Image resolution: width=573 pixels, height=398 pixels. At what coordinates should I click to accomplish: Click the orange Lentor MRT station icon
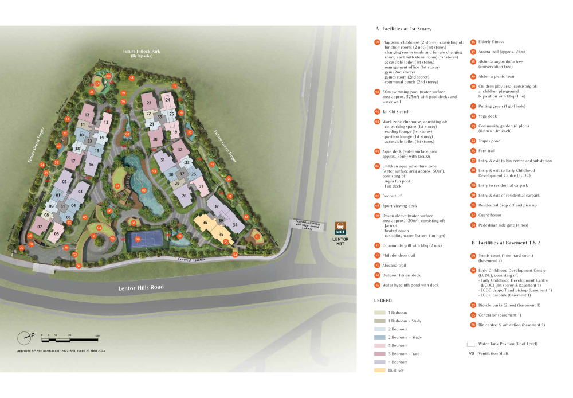point(340,227)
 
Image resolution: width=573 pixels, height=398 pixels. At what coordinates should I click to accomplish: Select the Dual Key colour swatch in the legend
point(379,370)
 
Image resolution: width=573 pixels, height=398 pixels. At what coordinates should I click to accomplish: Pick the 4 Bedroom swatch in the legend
point(379,362)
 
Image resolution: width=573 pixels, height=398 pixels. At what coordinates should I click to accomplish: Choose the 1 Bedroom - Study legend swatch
point(379,321)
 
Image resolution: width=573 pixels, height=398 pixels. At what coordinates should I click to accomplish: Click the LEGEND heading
point(383,301)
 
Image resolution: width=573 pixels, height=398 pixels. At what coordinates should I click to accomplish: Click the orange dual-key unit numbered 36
point(205,223)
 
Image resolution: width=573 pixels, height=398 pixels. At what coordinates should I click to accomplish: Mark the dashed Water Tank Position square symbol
point(472,344)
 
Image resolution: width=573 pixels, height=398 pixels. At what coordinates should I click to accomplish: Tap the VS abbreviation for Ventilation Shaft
point(472,354)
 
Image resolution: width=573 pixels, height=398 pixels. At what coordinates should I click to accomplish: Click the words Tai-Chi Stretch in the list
point(397,111)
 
